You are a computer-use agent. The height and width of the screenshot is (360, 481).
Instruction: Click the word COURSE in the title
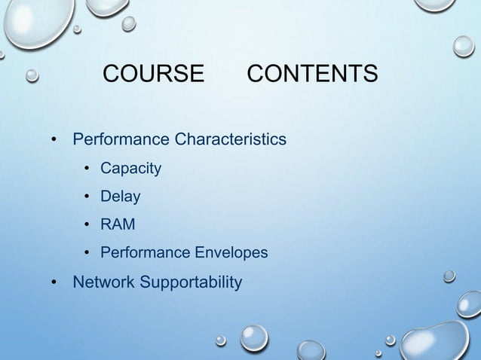coord(153,75)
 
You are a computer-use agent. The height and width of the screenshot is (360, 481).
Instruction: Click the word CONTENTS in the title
coord(312,75)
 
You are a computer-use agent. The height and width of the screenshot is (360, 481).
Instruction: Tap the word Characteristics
coord(230,140)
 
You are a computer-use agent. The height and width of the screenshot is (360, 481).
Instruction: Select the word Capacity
coord(130,168)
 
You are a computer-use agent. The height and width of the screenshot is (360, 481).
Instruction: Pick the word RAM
coord(118,224)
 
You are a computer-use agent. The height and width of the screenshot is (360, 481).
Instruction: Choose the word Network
coord(105,282)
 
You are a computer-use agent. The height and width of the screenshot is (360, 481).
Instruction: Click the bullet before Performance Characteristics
coord(54,141)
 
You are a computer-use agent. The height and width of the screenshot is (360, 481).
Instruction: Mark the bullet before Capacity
coord(87,169)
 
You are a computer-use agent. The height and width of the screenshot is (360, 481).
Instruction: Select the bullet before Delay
coord(87,197)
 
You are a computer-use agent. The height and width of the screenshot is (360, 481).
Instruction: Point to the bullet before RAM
coord(87,225)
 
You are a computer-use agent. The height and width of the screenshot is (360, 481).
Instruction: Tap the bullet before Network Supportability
coord(54,284)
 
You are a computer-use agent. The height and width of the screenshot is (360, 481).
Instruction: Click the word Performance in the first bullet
coord(121,140)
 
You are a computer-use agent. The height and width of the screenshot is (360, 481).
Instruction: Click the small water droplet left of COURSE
coord(32,75)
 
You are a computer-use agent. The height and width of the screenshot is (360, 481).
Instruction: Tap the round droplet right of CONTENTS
coord(464,47)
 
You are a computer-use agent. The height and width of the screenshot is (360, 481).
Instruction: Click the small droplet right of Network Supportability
coord(449,276)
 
